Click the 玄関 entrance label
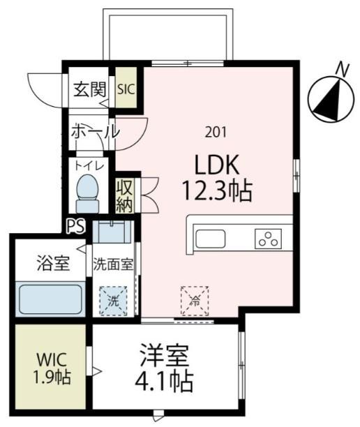(x=90, y=89)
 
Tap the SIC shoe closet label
(x=126, y=89)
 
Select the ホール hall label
(x=96, y=132)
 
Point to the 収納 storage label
(x=125, y=195)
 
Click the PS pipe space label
(x=76, y=226)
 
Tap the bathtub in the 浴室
(x=51, y=299)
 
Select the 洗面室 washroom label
(x=113, y=264)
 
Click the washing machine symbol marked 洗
(x=113, y=301)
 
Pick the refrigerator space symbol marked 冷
(x=195, y=301)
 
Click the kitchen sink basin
(x=211, y=239)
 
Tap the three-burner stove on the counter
(x=268, y=239)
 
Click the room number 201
(x=216, y=133)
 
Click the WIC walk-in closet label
(x=52, y=359)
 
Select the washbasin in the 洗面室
(x=112, y=232)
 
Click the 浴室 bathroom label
(x=54, y=263)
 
